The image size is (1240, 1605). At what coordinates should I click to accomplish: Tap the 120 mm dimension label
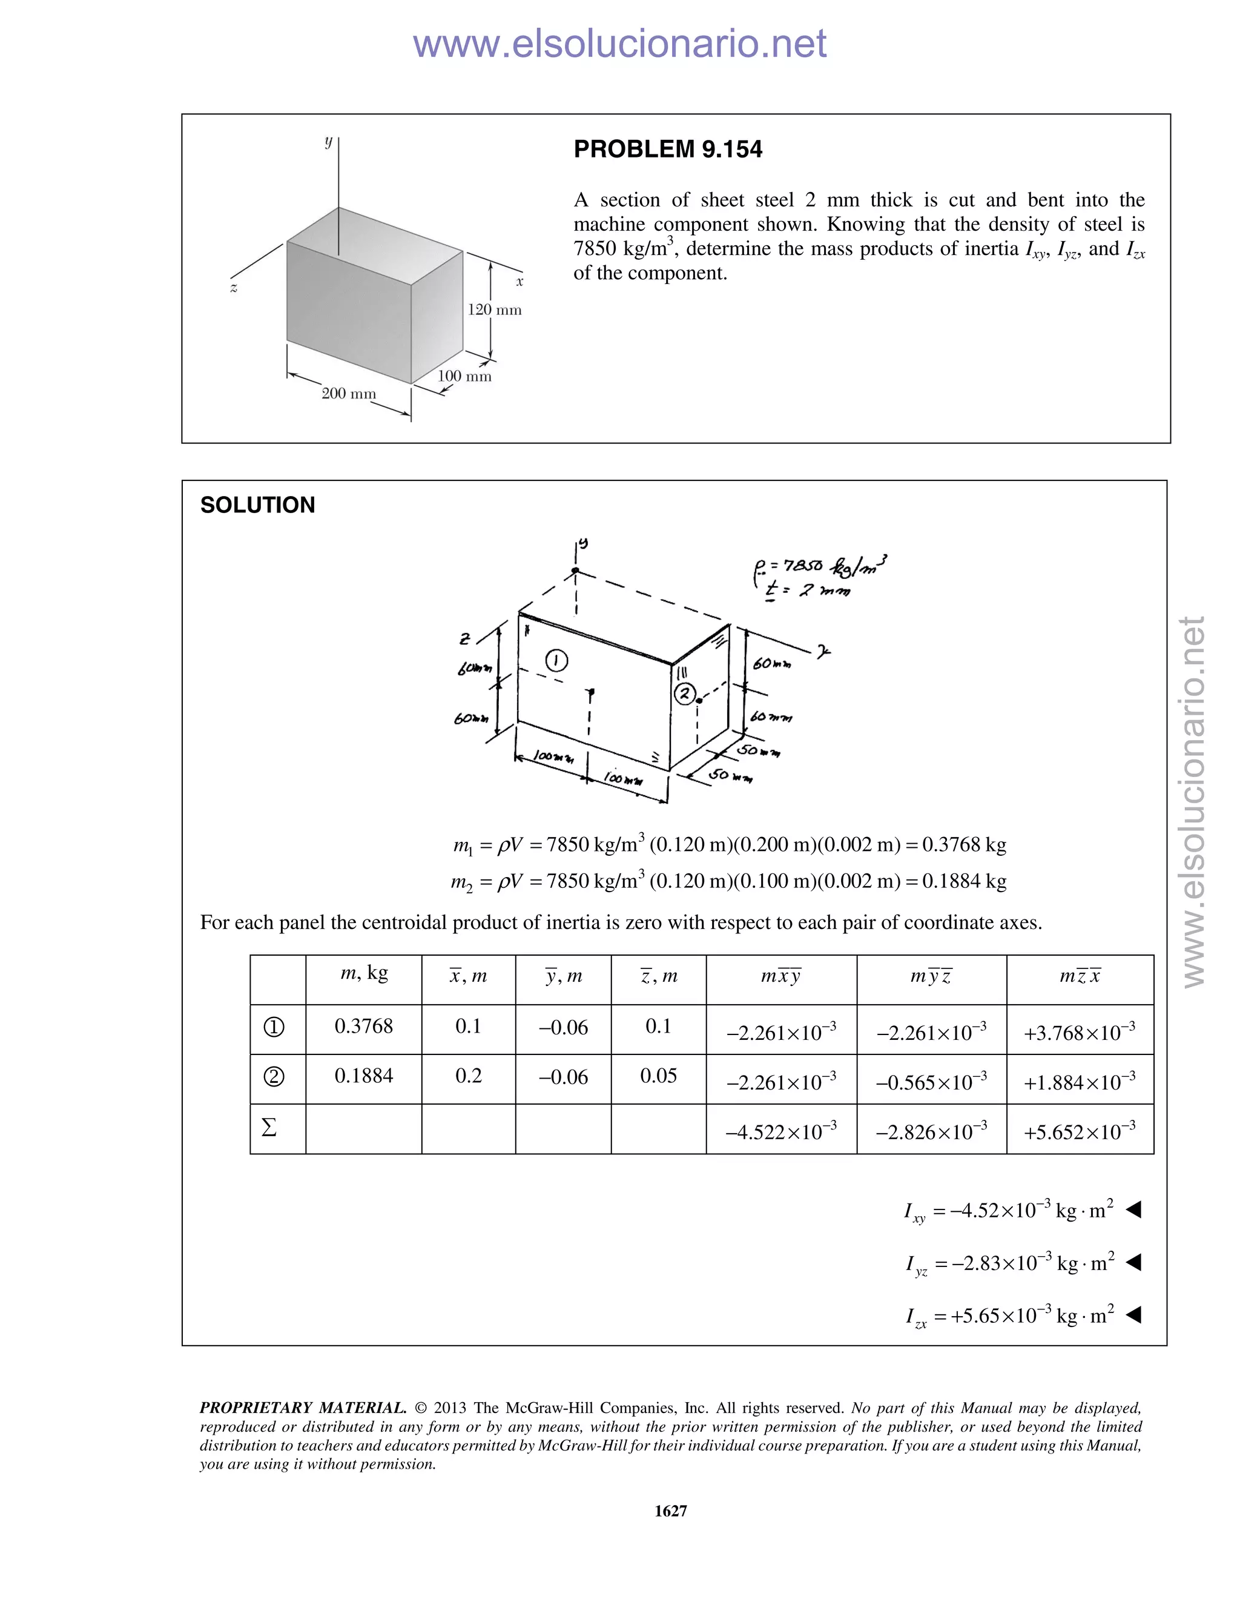click(495, 310)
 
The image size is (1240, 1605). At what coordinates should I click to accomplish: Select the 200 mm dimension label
click(348, 394)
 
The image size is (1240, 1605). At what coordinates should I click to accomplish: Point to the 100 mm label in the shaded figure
click(464, 376)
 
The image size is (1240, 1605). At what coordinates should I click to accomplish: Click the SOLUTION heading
click(257, 505)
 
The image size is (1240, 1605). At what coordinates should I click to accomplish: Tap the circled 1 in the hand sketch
click(556, 661)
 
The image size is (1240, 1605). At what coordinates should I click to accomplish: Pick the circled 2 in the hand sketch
click(685, 693)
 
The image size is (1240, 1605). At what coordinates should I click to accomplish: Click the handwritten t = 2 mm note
click(806, 590)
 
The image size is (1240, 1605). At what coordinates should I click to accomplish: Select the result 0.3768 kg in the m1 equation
click(964, 844)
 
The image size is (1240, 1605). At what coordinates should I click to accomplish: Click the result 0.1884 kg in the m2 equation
click(964, 881)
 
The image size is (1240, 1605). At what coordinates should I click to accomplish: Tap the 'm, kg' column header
click(364, 974)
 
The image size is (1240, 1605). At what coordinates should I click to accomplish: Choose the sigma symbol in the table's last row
click(269, 1127)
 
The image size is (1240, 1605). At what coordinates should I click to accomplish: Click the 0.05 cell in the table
click(658, 1076)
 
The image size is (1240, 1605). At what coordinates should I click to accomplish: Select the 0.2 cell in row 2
click(469, 1076)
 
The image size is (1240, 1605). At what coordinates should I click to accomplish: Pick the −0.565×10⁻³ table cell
click(931, 1082)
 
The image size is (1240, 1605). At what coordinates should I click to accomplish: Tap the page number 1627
click(670, 1511)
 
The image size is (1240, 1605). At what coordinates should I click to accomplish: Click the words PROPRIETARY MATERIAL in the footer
click(303, 1408)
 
